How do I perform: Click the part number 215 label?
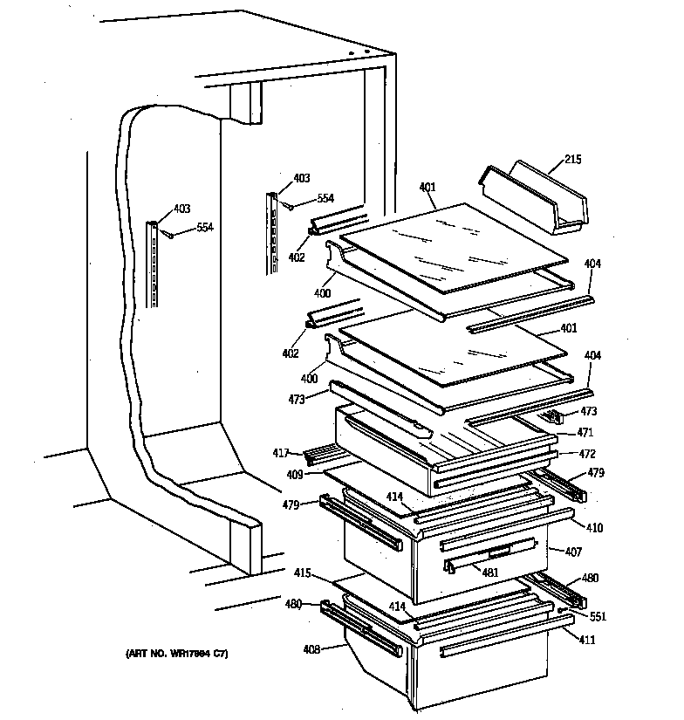572,160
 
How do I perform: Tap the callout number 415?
303,573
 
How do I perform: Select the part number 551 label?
598,616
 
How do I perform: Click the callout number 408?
311,648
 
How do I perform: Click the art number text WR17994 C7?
178,655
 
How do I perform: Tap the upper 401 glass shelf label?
427,187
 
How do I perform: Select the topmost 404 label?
592,263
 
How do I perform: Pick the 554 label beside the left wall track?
204,227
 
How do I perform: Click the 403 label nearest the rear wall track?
301,178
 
